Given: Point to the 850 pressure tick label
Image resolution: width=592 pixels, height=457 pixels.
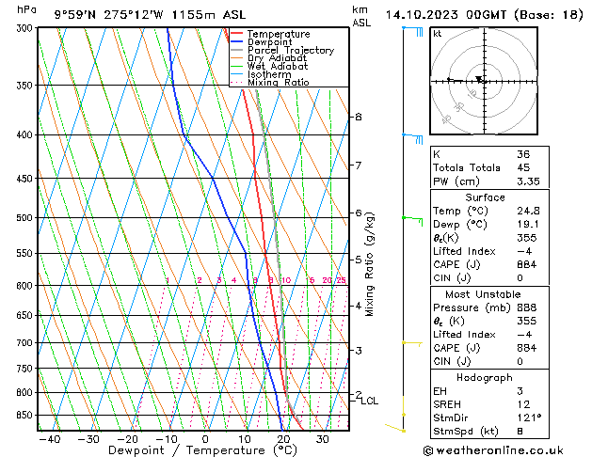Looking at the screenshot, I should [23, 416].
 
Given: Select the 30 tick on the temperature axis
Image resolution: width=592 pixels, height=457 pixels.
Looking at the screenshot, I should [322, 439].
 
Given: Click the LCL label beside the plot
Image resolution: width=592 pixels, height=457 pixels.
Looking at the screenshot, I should [369, 401].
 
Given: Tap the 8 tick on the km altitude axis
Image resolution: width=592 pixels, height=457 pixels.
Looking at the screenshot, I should [358, 117].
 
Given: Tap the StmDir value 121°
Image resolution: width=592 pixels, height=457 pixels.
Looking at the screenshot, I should [529, 418].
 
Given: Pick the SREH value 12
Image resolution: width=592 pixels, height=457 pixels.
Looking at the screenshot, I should [523, 403].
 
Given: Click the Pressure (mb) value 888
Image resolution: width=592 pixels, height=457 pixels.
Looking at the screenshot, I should [527, 307].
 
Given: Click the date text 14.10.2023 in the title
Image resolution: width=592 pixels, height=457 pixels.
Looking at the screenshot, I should [420, 15].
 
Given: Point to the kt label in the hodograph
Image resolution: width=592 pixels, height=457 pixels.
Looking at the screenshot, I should [437, 33].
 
